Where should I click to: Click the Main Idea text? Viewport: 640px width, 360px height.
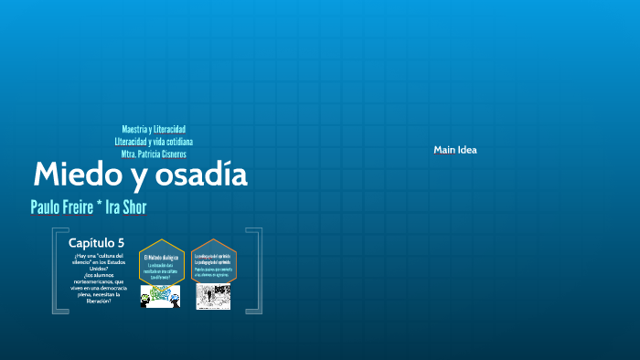point(454,150)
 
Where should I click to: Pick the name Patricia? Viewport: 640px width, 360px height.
point(141,154)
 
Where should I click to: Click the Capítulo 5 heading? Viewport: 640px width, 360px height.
point(95,242)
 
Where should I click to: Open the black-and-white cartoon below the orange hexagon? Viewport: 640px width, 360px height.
point(213,296)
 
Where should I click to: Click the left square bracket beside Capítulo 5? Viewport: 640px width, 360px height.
point(57,271)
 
